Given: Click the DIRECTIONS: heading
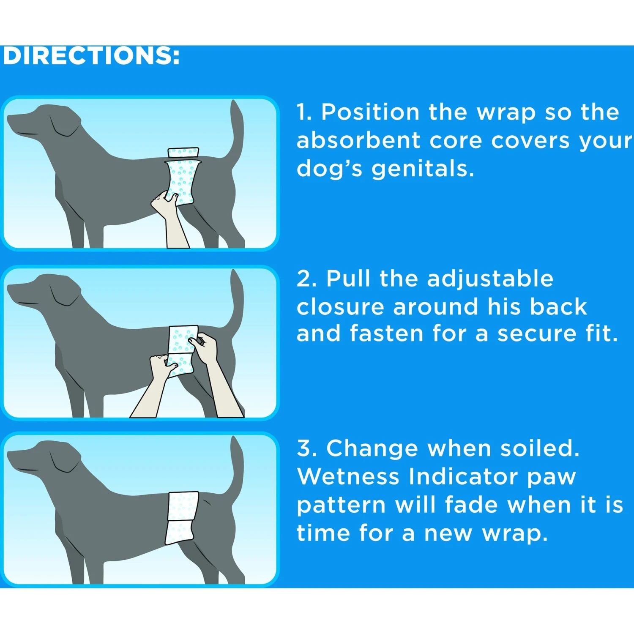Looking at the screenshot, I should pos(91,56).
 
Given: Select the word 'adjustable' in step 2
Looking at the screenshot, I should pos(490,279).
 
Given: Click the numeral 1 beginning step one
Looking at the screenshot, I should pos(303,112).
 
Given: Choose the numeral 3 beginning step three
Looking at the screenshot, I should pos(305,448).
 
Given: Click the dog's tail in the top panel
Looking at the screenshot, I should pos(237,131).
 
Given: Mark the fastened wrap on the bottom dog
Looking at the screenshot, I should pos(182,516).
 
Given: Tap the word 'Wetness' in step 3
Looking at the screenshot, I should pos(348,476).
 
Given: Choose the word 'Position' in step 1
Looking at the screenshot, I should pos(370,112).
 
